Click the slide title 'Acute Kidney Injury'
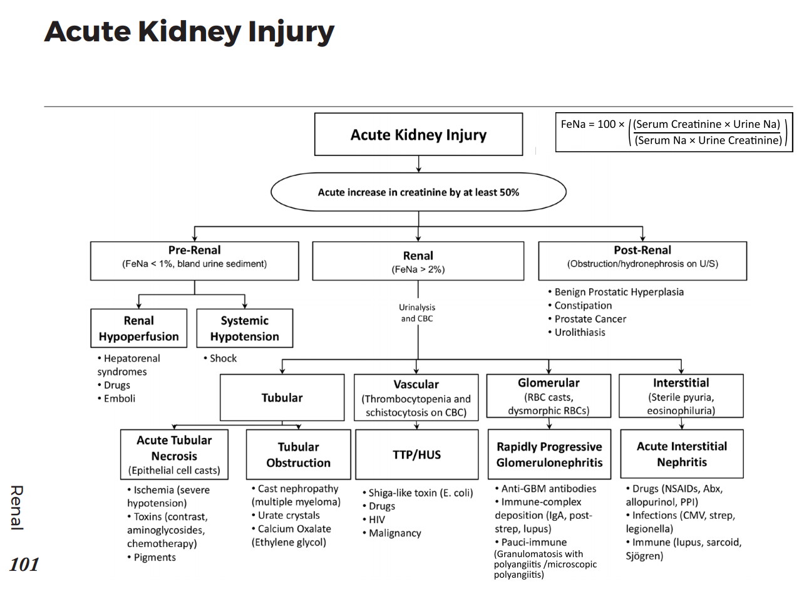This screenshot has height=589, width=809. tap(189, 31)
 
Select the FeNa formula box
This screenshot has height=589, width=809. tap(674, 132)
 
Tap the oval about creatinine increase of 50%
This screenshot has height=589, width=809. tap(418, 192)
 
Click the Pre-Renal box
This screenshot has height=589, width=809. tap(194, 261)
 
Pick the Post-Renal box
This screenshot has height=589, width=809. tap(642, 261)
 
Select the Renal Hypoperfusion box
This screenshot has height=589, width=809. tap(138, 328)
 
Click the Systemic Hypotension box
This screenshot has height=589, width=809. tap(244, 328)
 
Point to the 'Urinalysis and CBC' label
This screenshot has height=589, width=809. tap(417, 313)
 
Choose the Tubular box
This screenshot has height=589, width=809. tap(282, 398)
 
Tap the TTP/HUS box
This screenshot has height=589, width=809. tap(416, 455)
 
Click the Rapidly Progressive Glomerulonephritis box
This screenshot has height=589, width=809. tap(549, 454)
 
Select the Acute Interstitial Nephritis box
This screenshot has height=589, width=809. tap(682, 454)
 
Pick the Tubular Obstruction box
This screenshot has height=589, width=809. tap(298, 454)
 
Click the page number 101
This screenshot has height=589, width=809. tap(24, 565)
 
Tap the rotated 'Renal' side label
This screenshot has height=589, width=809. tap(16, 508)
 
